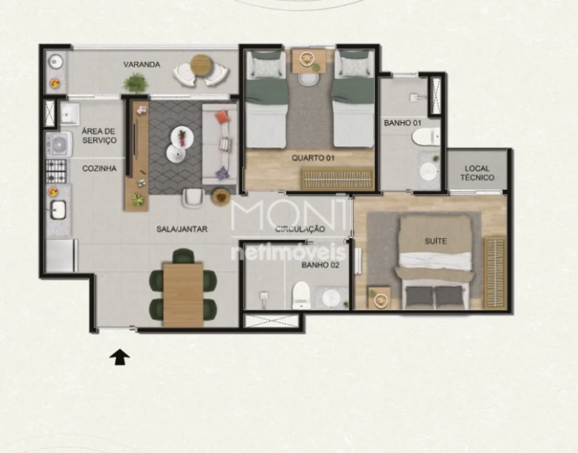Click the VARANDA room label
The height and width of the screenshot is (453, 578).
[142, 65]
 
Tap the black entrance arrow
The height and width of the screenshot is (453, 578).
[120, 357]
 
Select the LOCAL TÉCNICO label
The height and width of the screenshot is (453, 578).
[477, 173]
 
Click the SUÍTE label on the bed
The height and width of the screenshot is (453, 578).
[435, 241]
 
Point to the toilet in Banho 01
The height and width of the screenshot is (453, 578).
[426, 136]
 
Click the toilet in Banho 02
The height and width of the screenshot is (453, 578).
[300, 296]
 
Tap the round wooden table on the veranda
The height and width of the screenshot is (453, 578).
[201, 65]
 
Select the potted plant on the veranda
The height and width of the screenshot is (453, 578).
[136, 82]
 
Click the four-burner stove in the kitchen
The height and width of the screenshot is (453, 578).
[57, 171]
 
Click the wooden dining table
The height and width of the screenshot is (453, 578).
[183, 294]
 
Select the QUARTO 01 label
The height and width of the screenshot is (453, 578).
[313, 158]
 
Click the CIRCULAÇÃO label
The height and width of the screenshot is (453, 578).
[300, 229]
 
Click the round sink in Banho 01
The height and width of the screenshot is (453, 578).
[429, 171]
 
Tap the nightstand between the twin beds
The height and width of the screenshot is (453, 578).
[309, 61]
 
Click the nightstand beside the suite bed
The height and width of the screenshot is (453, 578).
[379, 298]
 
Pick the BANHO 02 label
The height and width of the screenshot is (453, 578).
[320, 265]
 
